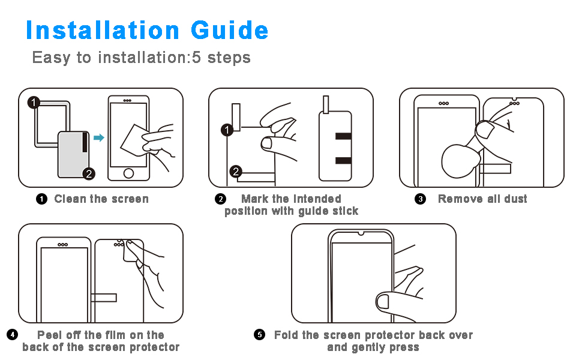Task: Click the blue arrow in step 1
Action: point(99,137)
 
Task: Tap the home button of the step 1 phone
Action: point(128,173)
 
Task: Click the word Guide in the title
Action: point(229,30)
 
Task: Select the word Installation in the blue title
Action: point(103,30)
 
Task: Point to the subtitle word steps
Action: point(229,58)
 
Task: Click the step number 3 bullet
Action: point(420,199)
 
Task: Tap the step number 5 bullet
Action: point(259,334)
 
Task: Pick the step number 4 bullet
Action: point(12,334)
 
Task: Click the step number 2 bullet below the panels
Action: point(220,199)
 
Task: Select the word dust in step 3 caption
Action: point(515,199)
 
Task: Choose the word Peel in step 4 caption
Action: point(49,335)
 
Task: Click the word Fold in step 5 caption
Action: point(286,335)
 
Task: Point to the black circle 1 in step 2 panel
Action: point(227,130)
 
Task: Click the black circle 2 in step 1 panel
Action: point(89,173)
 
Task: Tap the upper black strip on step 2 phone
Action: point(343,136)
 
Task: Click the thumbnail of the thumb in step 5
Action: point(382,301)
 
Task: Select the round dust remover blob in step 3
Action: point(458,161)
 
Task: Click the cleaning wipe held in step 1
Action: point(134,140)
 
